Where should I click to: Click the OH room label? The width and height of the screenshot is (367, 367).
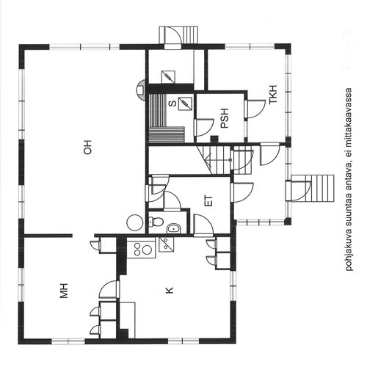pos(87,148)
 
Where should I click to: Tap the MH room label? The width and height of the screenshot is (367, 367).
pos(64,291)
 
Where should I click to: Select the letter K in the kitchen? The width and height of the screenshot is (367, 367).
pos(170,291)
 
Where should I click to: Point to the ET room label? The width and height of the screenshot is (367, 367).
pos(208,200)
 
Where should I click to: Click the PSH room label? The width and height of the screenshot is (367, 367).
pos(224,118)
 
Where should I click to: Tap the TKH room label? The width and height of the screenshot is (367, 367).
pos(273,95)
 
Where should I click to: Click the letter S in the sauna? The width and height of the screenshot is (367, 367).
pos(172,103)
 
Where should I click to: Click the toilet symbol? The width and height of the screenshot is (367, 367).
pos(156,222)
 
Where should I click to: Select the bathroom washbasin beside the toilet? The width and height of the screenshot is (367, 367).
pos(173,228)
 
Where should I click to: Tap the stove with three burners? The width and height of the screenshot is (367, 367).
pos(141,248)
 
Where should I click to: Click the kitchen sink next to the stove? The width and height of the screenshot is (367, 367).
pos(166,244)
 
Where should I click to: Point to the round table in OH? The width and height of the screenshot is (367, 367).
pos(134,222)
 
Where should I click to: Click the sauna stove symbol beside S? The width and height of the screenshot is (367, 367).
pos(185,103)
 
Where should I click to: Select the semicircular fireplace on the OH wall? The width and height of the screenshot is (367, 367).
pos(141,90)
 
